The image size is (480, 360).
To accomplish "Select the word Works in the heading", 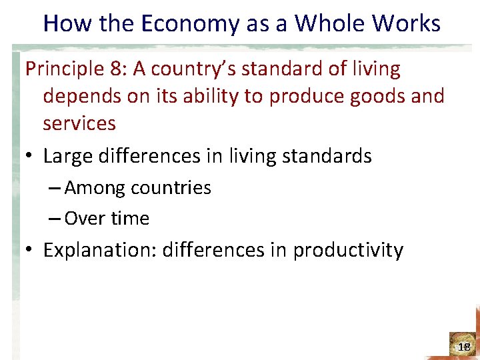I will [407, 24].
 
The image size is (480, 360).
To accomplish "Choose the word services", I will [79, 123].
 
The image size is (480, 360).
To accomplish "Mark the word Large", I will [69, 156].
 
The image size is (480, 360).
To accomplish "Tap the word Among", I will [95, 188].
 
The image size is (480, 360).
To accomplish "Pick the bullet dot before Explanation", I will [30, 251].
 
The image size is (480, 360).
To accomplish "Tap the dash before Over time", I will [55, 218].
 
